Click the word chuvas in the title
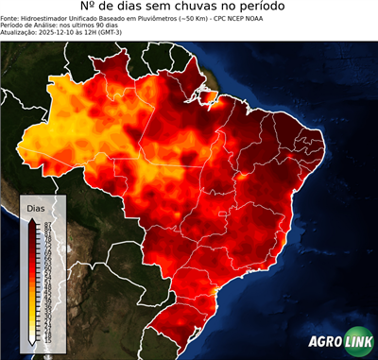coord(210,10)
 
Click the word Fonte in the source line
coord(9,26)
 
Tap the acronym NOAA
coord(283,26)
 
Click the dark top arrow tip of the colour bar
coord(33,218)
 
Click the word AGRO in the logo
coord(326,342)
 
